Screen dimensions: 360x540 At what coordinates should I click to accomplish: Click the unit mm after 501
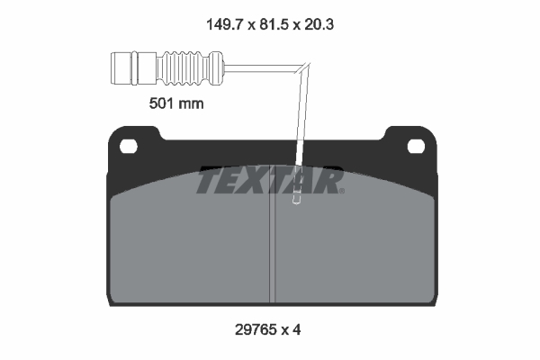coord(190,103)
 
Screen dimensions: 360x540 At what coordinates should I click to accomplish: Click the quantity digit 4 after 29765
coord(297,329)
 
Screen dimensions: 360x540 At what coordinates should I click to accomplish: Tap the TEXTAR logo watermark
coord(270,181)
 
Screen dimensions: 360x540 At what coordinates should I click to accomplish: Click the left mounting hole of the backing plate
coord(128,145)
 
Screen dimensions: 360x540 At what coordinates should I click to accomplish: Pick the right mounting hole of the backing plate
coord(416,145)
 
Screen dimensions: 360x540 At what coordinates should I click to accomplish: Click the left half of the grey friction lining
coord(189,252)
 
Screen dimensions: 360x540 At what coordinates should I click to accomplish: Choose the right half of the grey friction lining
coord(360,252)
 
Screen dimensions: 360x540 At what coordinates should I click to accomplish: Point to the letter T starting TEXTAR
coord(207,181)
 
